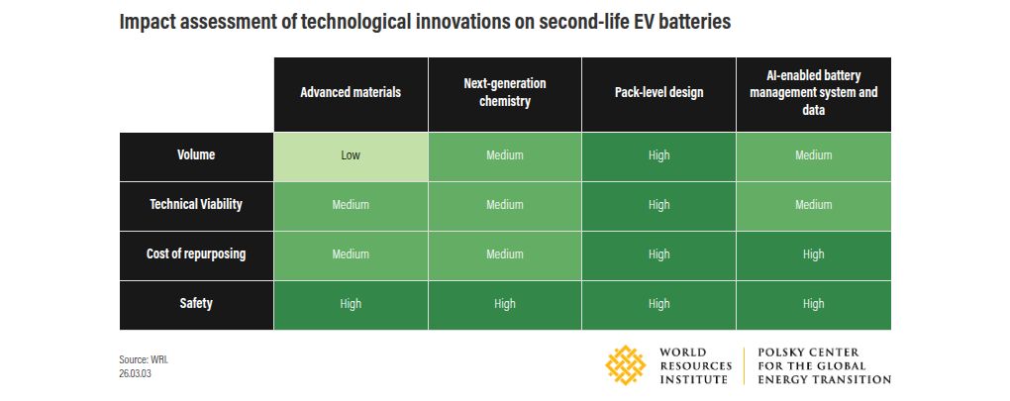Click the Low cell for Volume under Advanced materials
click(352, 156)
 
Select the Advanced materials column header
click(352, 94)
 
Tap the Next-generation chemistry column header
click(505, 94)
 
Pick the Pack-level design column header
click(658, 94)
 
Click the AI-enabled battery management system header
click(814, 94)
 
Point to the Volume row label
click(196, 156)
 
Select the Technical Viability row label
click(196, 206)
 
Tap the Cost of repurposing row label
click(196, 255)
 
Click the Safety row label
click(196, 305)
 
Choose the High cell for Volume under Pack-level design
click(658, 156)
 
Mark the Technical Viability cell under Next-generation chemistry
click(505, 206)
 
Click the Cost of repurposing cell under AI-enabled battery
click(814, 255)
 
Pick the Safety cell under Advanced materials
click(352, 305)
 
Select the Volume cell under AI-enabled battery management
click(814, 156)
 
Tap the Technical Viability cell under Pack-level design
click(658, 206)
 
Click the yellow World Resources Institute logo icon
click(625, 365)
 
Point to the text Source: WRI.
click(143, 359)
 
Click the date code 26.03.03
click(136, 374)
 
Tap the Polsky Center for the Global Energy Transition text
click(824, 365)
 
